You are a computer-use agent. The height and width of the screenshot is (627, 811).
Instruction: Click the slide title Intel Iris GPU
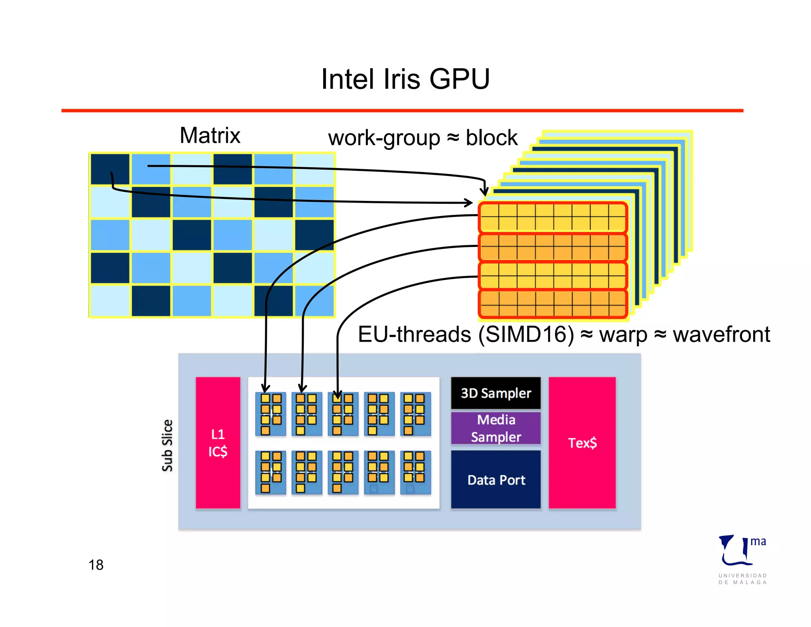tap(405, 79)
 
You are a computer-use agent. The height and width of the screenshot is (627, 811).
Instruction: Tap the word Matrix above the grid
tap(210, 136)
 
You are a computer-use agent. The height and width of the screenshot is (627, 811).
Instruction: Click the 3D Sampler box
tap(496, 393)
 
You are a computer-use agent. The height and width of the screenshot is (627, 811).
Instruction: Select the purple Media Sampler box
tap(496, 428)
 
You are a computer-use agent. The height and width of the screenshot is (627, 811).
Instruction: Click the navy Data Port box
tap(496, 480)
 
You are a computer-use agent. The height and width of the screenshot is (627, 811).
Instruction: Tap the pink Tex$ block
tap(582, 443)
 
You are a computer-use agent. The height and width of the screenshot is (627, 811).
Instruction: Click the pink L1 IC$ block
tap(218, 443)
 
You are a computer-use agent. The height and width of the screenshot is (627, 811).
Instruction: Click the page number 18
tap(96, 565)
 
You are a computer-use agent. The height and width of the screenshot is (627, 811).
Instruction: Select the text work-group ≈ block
tap(423, 138)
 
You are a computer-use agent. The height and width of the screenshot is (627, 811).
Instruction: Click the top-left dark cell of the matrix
tap(110, 169)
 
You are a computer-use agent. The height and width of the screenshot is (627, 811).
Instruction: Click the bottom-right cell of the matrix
tap(314, 300)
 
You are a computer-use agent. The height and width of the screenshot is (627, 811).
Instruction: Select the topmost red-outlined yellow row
tap(553, 217)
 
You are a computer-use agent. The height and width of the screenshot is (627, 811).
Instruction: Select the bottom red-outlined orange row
tap(553, 304)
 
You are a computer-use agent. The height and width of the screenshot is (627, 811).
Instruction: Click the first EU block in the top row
tap(270, 414)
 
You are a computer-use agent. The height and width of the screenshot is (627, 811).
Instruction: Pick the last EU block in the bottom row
tap(415, 472)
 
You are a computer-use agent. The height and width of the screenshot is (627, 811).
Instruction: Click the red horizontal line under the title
tap(402, 111)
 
